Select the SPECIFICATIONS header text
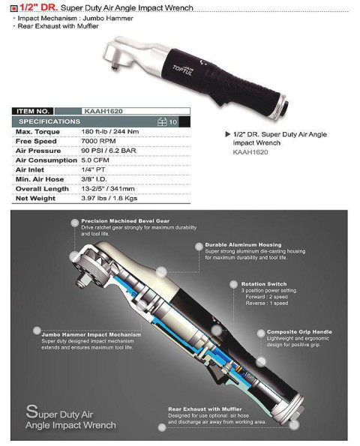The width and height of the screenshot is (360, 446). pos(49,121)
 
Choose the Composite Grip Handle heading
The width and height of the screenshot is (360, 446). pos(299,331)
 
